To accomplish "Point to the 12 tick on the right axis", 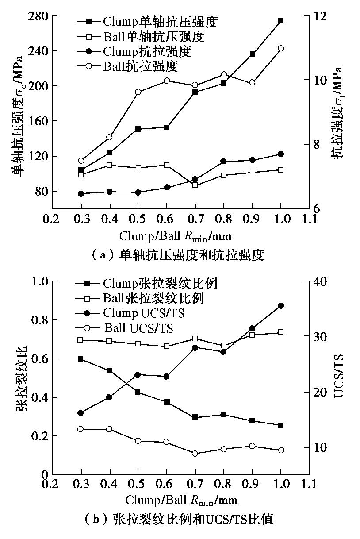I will coord(319,16).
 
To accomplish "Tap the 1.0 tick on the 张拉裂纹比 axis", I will coord(38,281).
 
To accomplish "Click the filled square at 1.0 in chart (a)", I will coord(281,20).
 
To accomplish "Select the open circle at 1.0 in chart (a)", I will coord(281,48).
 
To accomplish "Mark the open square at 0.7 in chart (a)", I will coord(195,185).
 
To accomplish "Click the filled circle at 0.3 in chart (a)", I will coord(81,193).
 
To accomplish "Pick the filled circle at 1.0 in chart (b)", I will coord(281,305).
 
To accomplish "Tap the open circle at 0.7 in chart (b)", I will coord(195,453).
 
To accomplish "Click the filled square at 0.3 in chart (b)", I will coord(81,358).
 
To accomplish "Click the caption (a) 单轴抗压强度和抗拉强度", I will coord(177,255).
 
